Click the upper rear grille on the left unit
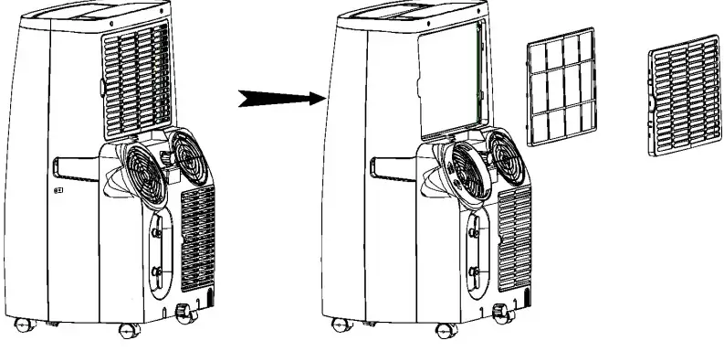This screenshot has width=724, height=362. click(x=135, y=77)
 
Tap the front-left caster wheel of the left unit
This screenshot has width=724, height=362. click(x=19, y=322)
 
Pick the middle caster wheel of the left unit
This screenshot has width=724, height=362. click(x=124, y=330)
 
